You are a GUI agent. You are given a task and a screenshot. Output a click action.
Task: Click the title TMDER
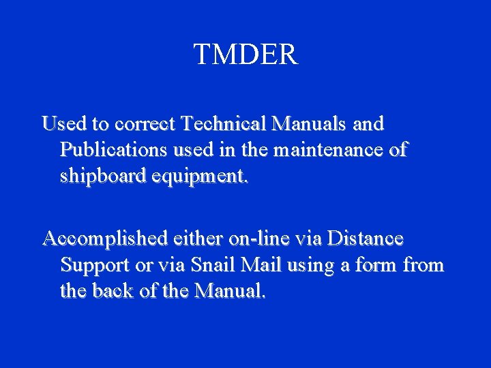[x=245, y=55]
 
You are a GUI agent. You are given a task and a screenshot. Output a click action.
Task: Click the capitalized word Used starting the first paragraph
[x=61, y=124]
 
